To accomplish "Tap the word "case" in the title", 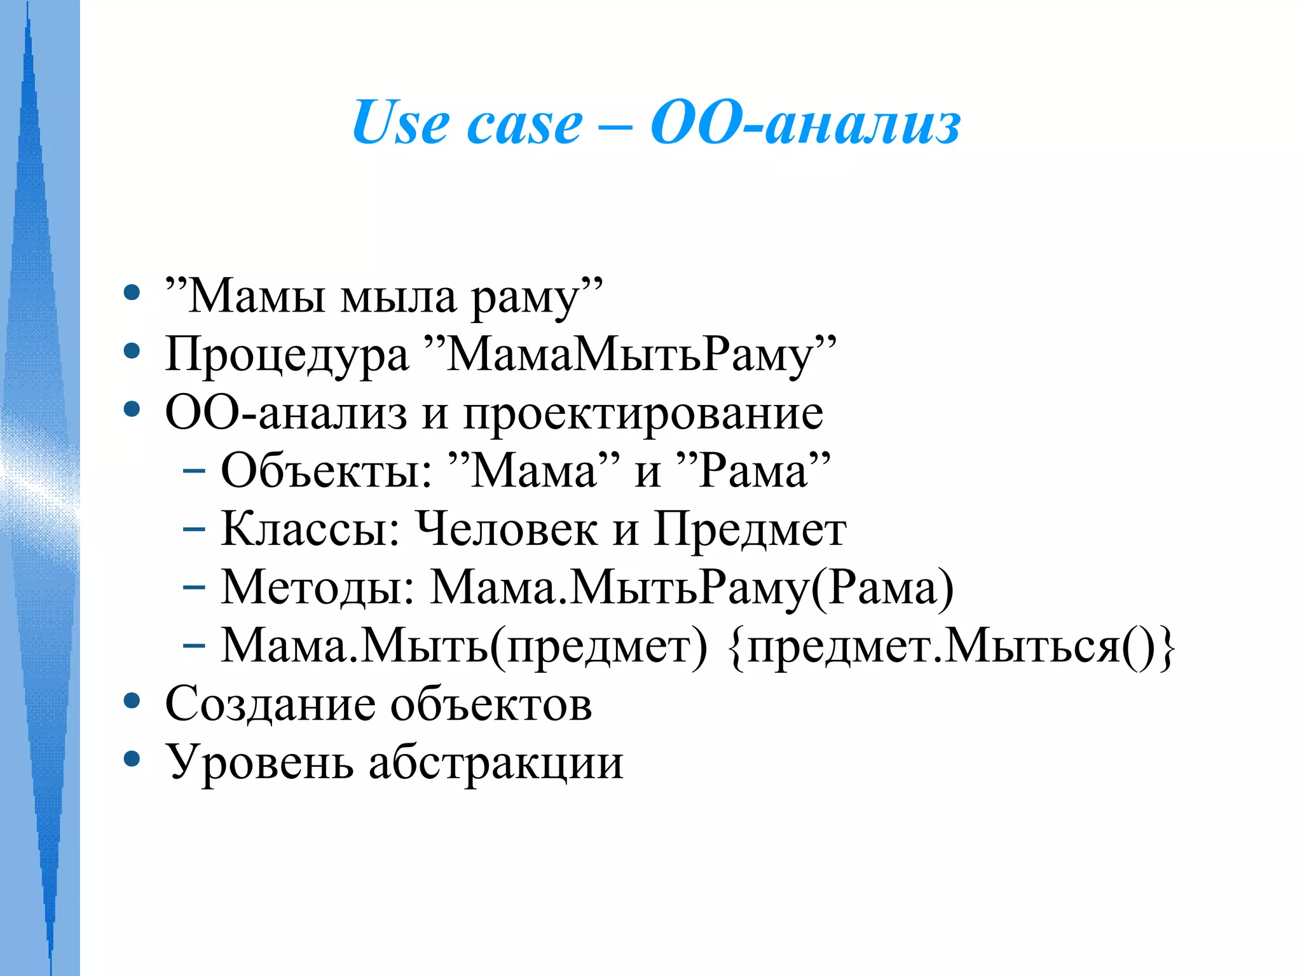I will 524,125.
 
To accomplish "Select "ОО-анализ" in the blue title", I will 805,123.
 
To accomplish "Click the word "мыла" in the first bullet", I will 399,296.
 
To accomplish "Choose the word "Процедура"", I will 287,355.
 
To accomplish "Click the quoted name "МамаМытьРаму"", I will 630,355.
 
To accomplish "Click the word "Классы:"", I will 310,529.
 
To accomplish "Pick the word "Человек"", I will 506,529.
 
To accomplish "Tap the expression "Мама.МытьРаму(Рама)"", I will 692,588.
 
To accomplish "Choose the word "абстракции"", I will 496,763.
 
